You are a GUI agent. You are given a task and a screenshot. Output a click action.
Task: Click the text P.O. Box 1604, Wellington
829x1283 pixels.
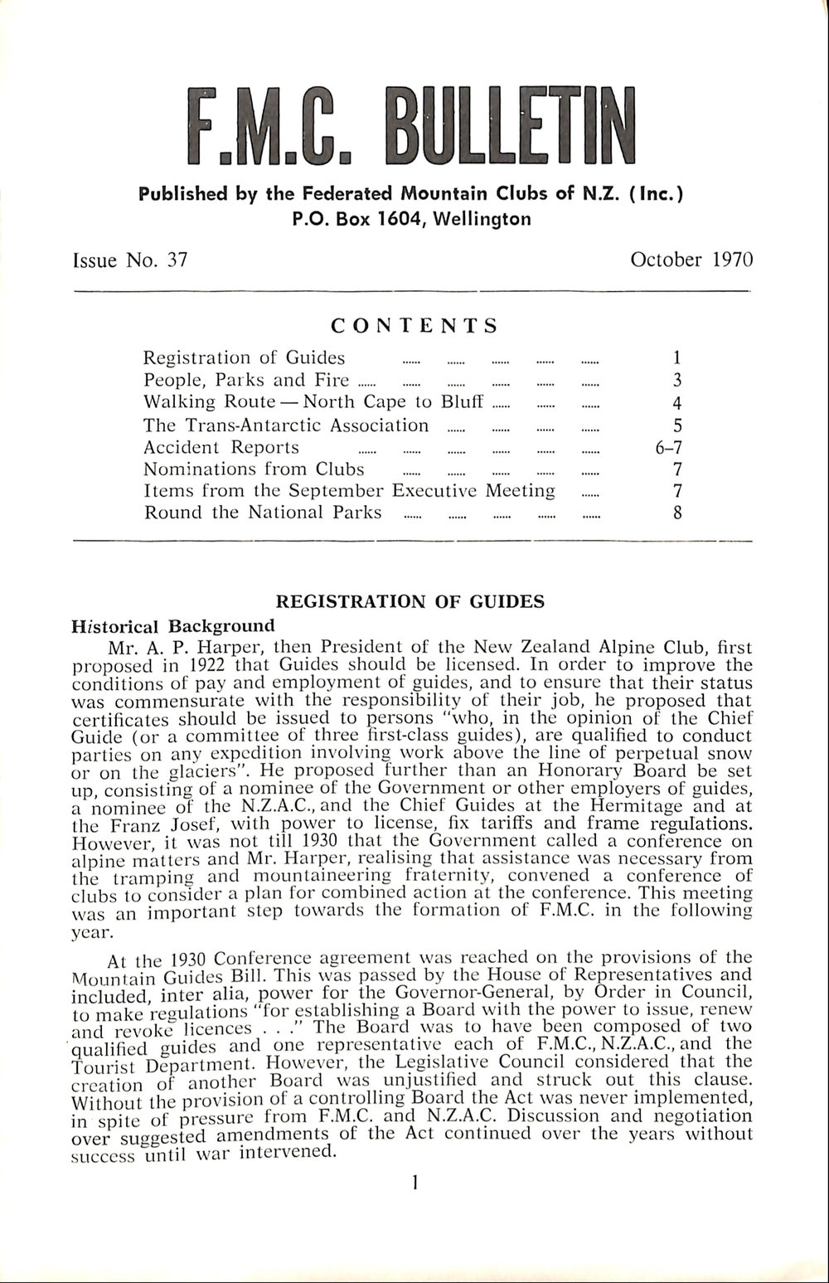click(x=411, y=220)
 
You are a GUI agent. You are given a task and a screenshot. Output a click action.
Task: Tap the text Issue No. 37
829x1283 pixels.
click(x=130, y=260)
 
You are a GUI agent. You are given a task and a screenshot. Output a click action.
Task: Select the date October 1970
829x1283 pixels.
click(x=691, y=260)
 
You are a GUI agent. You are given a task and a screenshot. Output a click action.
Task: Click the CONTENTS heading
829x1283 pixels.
click(x=414, y=325)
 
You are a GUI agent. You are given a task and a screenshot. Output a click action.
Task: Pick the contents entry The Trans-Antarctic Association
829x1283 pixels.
click(x=286, y=425)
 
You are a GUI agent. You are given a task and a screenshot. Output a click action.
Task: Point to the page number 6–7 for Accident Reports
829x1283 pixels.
click(x=668, y=448)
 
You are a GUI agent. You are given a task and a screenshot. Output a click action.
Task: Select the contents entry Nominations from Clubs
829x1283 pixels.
click(x=254, y=469)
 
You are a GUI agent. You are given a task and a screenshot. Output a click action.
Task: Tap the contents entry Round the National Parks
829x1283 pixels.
click(x=263, y=513)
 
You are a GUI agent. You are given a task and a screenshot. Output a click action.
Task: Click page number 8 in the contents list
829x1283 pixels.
click(x=677, y=513)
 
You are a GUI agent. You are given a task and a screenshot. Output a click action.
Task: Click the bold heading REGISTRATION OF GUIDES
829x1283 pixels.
click(x=410, y=601)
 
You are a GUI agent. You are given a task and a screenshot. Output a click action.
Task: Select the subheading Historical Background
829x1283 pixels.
click(x=173, y=624)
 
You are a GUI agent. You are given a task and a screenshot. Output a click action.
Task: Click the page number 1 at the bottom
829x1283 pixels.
click(x=413, y=1182)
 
